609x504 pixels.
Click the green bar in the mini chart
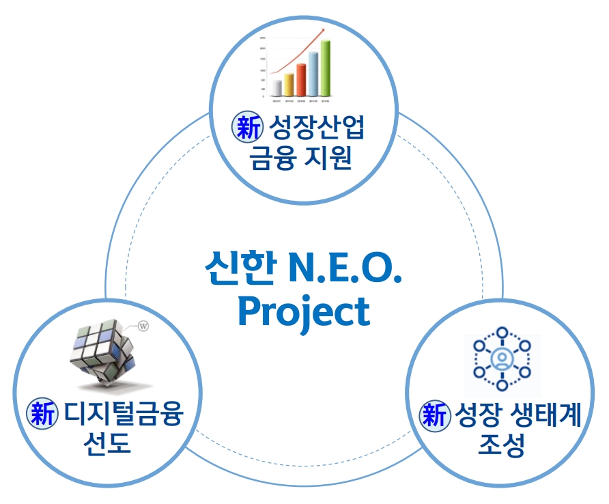click(x=326, y=68)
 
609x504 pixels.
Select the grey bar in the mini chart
click(x=277, y=87)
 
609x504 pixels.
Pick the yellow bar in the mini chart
click(x=289, y=84)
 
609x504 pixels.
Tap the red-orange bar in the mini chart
click(x=301, y=79)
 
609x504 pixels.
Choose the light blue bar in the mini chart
click(x=313, y=73)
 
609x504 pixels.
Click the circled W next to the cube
click(x=143, y=326)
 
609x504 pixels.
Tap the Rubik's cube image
click(x=102, y=356)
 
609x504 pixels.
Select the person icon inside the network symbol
click(x=502, y=360)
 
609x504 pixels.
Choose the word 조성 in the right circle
click(x=502, y=447)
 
